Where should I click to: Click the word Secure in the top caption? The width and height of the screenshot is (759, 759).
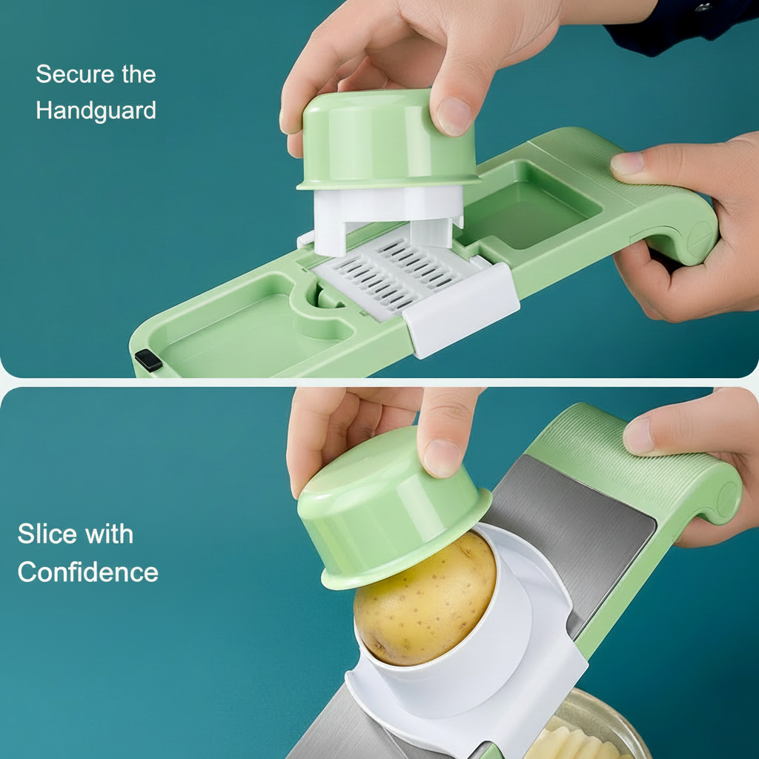[75, 74]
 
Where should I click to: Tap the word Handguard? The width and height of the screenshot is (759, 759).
[96, 111]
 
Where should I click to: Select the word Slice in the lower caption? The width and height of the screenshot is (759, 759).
[47, 534]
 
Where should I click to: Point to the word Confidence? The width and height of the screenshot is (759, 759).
[88, 571]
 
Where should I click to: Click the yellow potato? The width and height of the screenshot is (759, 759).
[425, 598]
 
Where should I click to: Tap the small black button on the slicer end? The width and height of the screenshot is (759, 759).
[148, 361]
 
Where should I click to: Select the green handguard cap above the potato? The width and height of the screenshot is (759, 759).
[392, 508]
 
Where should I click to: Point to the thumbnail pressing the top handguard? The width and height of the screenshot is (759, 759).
[454, 116]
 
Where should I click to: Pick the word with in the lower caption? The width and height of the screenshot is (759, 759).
[109, 534]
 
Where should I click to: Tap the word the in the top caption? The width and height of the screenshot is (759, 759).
[139, 74]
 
